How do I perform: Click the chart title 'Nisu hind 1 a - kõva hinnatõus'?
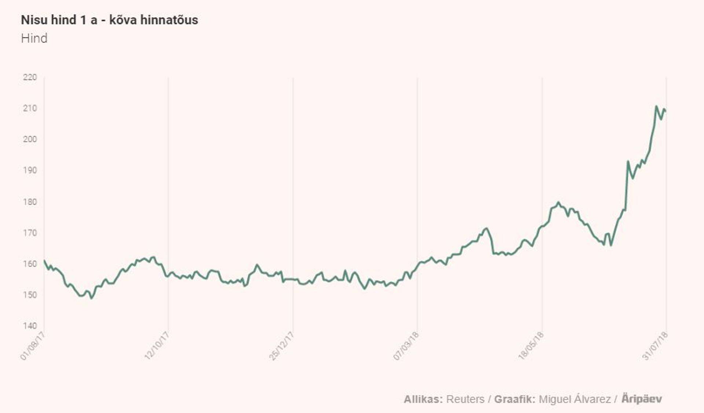pos(109,20)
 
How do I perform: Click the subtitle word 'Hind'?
pos(34,38)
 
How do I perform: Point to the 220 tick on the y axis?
pos(30,77)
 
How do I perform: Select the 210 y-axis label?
pos(30,108)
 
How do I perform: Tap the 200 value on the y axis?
pos(30,139)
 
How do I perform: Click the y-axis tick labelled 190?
pos(30,170)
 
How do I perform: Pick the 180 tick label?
pos(30,202)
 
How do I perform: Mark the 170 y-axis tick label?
pos(30,233)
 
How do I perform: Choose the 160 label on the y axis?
pos(30,264)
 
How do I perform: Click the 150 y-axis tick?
pos(30,295)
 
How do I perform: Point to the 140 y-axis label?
pos(30,326)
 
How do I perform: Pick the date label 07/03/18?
pos(406,346)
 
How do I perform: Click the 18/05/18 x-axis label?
pos(531,346)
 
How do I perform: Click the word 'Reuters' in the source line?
pos(465,399)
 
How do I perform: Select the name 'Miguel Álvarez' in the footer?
pos(575,399)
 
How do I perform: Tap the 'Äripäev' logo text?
pos(642,399)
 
